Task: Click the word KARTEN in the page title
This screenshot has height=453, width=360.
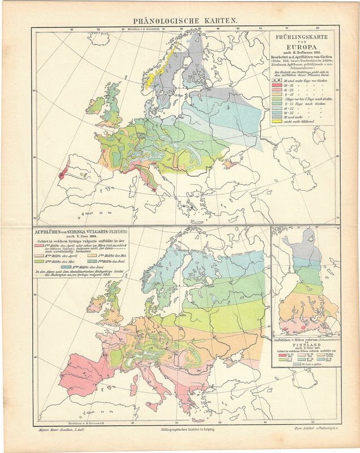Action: pos(218,19)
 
